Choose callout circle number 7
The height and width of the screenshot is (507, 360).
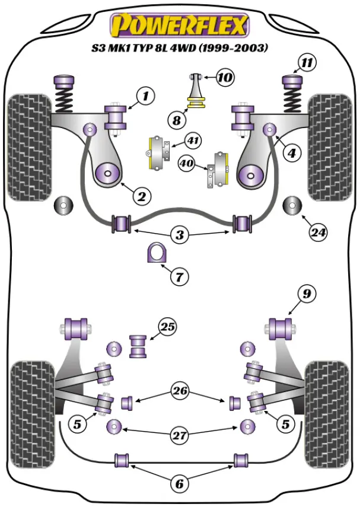179,276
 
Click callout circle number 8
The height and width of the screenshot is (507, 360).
176,121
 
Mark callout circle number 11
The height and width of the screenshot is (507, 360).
307,63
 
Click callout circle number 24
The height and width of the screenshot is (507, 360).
318,233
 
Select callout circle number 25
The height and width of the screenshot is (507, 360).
168,327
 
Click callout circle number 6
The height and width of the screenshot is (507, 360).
179,484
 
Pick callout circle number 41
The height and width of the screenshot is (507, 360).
193,141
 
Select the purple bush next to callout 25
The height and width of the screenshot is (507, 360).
139,346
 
